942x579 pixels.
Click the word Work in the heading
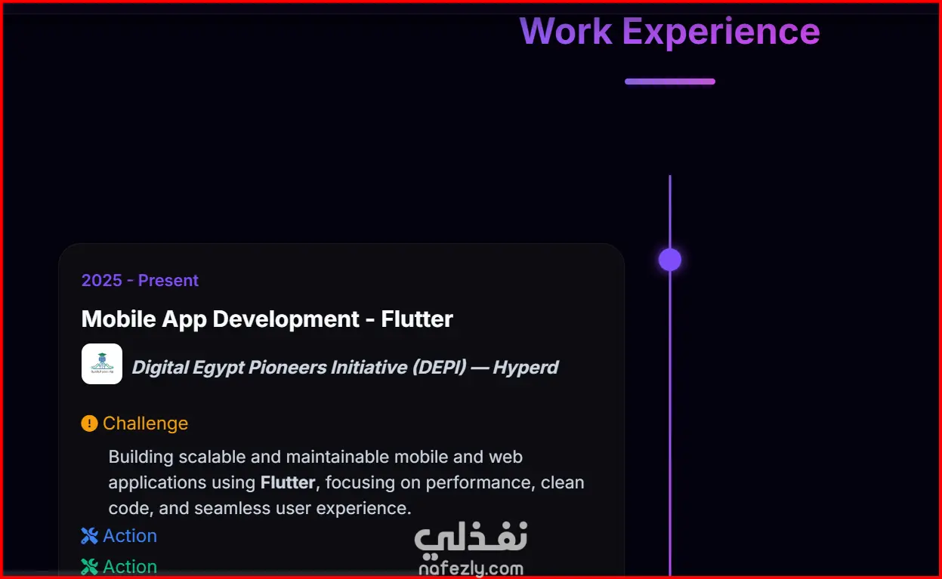(x=566, y=31)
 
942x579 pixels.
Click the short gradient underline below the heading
(x=670, y=82)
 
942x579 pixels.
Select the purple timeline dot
(x=670, y=260)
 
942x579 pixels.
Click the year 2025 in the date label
(x=102, y=280)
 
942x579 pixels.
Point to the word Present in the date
(x=168, y=280)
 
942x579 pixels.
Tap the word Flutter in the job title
(x=417, y=319)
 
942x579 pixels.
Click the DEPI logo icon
(x=102, y=364)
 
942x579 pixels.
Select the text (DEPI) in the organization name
(x=440, y=367)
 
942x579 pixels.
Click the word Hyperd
(x=526, y=368)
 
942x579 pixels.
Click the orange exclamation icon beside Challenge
(x=89, y=423)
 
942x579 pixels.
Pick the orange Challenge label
(x=146, y=423)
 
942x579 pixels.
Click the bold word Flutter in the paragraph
(x=288, y=482)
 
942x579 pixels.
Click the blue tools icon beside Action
(x=89, y=536)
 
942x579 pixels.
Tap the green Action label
(x=130, y=566)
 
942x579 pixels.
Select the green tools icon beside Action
(x=89, y=566)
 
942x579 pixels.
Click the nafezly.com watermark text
(x=471, y=568)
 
